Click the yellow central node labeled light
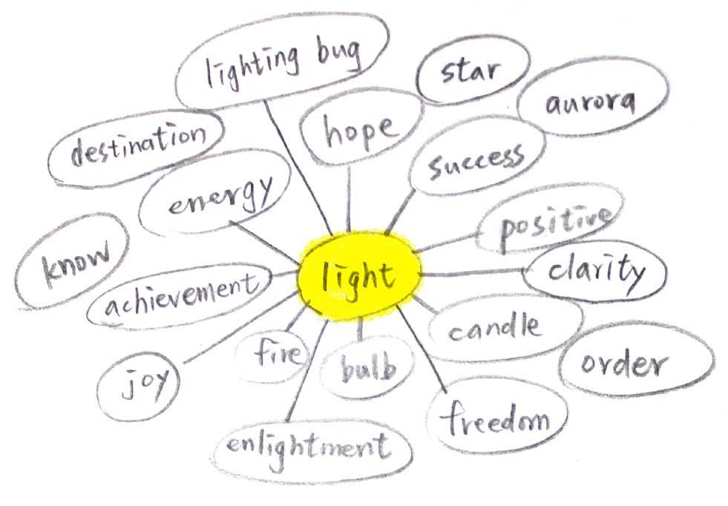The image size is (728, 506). [360, 276]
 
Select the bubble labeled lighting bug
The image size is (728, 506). [282, 61]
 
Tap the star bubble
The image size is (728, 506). [473, 71]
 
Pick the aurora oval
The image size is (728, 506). [591, 102]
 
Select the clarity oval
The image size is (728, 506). [596, 271]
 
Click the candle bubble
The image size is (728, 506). [494, 326]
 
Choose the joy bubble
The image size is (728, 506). [139, 383]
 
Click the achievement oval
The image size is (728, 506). [180, 295]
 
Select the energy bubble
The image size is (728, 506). [219, 194]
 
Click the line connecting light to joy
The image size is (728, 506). [237, 330]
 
